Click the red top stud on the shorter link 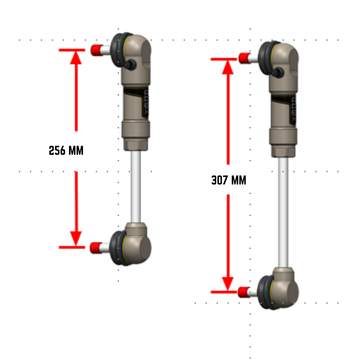97,48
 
